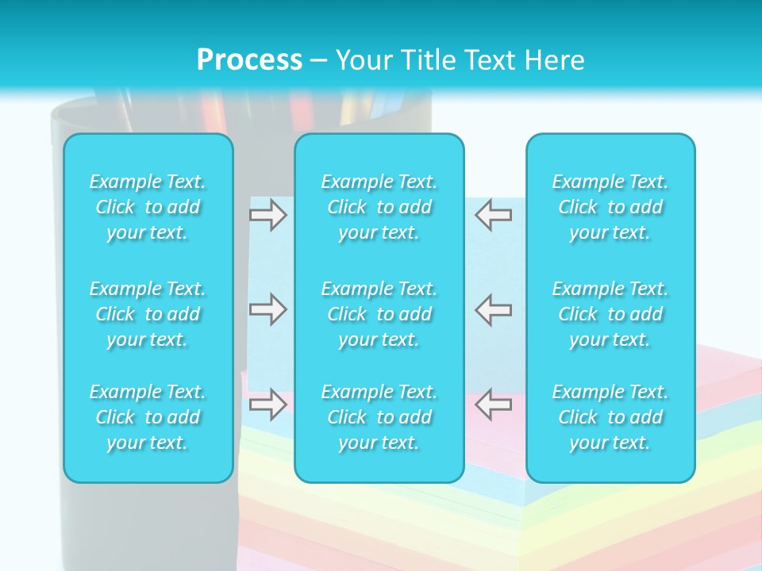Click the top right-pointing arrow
[267, 214]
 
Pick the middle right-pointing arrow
[267, 309]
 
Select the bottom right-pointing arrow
[267, 404]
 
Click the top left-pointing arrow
[494, 214]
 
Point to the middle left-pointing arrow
[494, 309]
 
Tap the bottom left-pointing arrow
[494, 404]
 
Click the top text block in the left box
[148, 207]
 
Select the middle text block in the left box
[148, 314]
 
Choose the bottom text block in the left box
[148, 417]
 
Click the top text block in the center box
[379, 207]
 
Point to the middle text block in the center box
[379, 314]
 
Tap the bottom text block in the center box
[379, 417]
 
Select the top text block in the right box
[610, 207]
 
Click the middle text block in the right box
[610, 314]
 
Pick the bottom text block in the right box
[610, 417]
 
